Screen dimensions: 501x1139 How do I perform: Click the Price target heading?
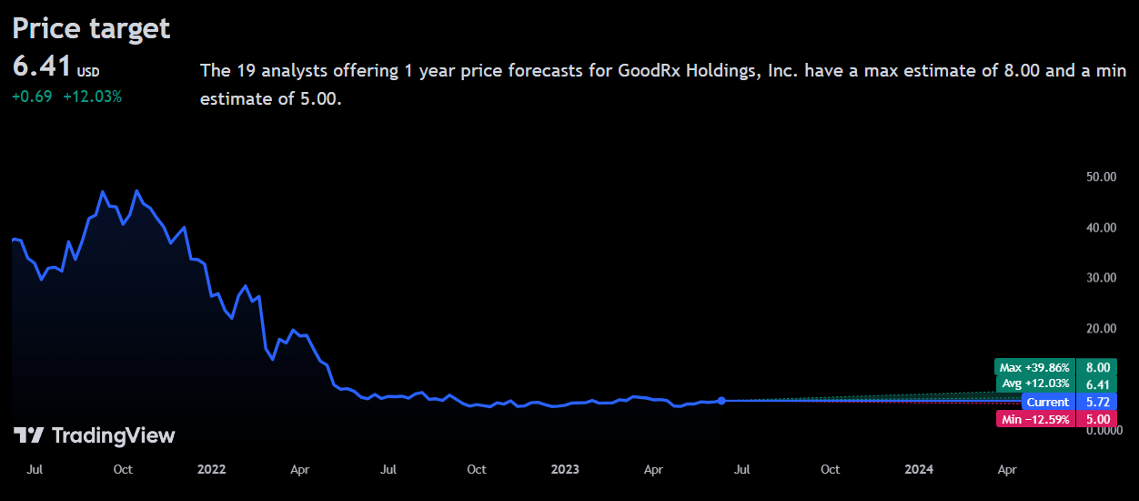point(91,28)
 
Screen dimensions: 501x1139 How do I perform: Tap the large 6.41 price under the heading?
point(42,66)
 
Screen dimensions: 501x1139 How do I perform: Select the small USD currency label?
point(88,72)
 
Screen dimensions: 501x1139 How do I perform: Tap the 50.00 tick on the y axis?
point(1102,177)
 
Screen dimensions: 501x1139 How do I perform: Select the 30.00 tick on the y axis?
point(1102,278)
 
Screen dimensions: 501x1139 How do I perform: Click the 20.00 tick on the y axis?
point(1102,328)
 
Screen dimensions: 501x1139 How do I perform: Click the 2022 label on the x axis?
point(211,469)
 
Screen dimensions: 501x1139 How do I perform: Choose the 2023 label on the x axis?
point(565,469)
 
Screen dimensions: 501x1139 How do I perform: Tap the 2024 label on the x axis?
point(918,469)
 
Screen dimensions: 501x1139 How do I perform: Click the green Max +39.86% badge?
point(1034,367)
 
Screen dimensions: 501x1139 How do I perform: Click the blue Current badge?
point(1047,402)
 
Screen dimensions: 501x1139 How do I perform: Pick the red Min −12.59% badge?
point(1035,419)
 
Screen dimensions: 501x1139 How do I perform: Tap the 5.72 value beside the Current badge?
point(1097,402)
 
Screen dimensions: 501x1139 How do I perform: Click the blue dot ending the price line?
point(721,401)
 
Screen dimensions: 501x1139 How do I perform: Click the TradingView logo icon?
point(29,435)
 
